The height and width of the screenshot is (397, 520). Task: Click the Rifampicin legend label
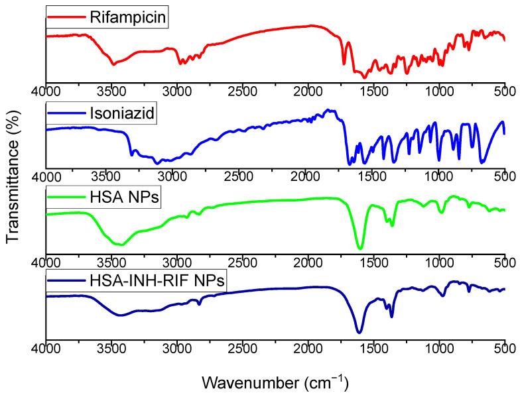click(x=127, y=16)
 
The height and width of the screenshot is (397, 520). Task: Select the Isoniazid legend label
click(x=121, y=113)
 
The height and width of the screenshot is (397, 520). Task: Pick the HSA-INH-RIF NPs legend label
click(x=157, y=282)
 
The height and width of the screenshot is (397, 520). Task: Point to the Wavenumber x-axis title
click(x=275, y=382)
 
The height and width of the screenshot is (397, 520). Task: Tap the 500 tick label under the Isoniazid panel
click(x=504, y=176)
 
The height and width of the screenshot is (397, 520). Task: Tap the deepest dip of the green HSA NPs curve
click(x=360, y=249)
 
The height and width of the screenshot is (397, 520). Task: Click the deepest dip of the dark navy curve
click(x=359, y=333)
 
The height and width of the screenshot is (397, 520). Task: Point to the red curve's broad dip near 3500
click(x=114, y=64)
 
